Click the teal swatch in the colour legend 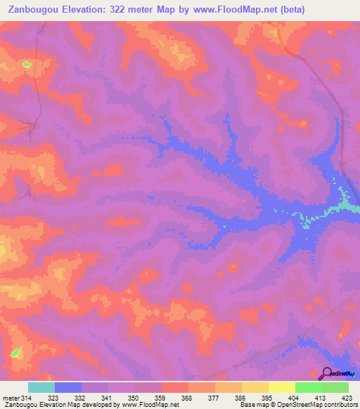pos(41,387)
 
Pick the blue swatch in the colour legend pos(68,387)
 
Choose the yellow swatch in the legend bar pos(282,387)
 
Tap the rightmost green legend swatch pos(335,387)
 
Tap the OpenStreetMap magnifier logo pos(328,372)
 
